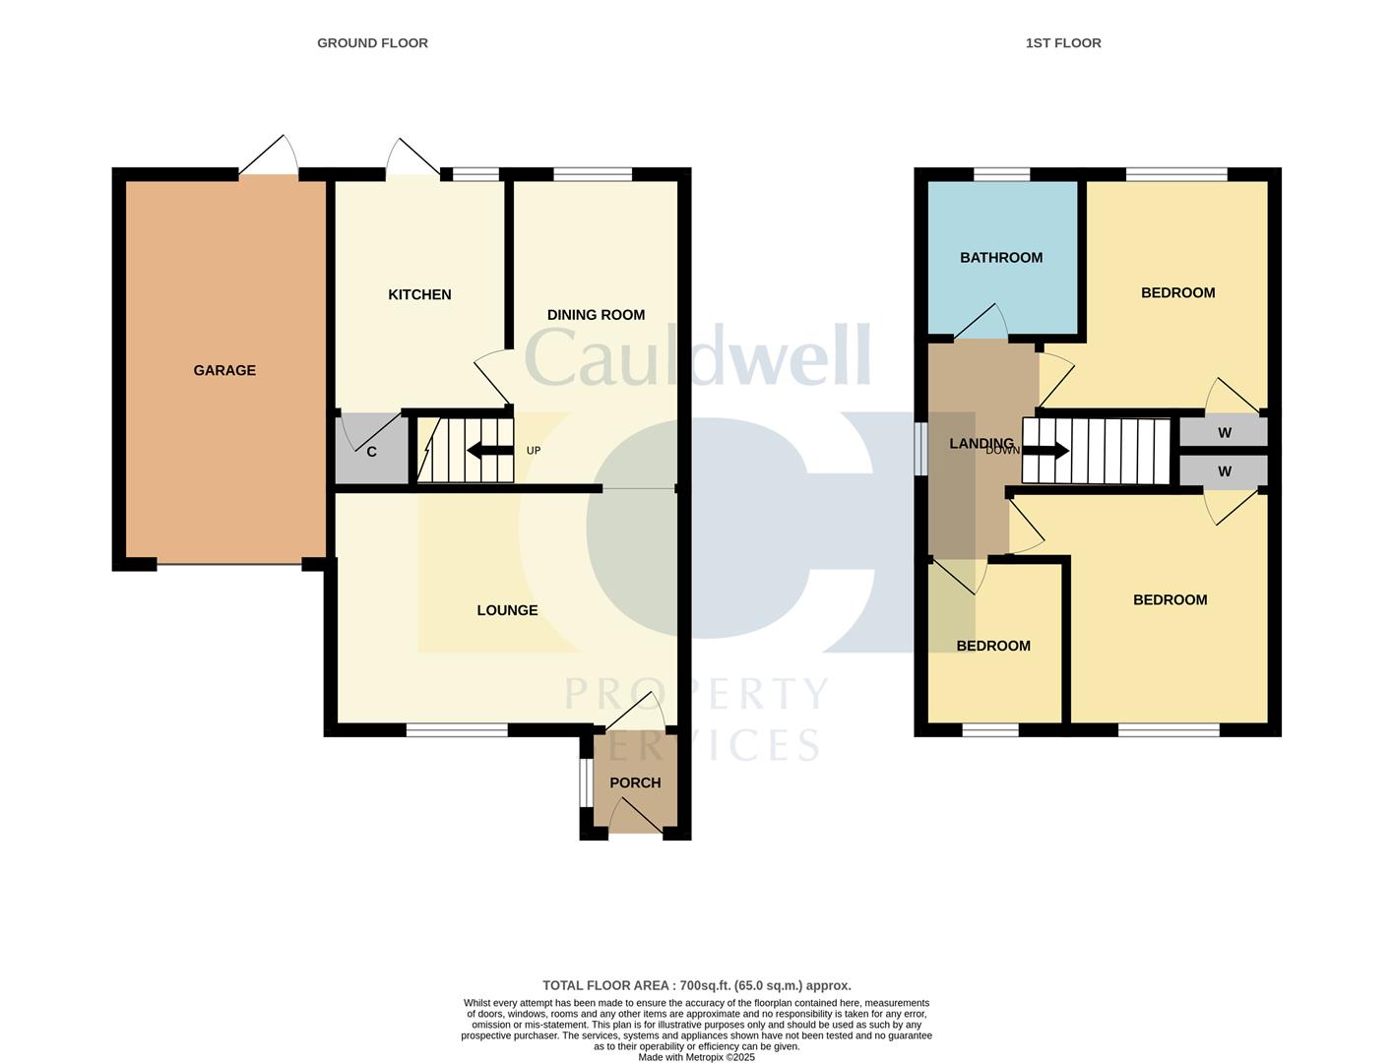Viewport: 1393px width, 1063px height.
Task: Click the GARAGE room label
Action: (x=224, y=371)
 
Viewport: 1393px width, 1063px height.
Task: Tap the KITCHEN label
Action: (x=419, y=295)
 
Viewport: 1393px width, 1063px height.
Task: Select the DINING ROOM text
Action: (x=596, y=315)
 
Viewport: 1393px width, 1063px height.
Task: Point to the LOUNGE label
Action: (x=507, y=610)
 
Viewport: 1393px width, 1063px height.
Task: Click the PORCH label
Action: (x=635, y=783)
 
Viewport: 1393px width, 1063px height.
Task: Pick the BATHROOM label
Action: (x=1001, y=258)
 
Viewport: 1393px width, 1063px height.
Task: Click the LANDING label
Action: (x=981, y=444)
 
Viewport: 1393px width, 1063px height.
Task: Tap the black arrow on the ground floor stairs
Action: (x=489, y=451)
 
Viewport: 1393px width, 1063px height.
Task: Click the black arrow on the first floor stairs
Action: (x=1045, y=451)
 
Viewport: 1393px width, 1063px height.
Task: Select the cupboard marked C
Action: (x=371, y=453)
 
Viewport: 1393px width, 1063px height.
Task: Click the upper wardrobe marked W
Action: (x=1224, y=433)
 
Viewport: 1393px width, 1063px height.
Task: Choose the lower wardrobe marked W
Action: (x=1224, y=471)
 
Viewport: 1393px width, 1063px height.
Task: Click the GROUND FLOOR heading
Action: (x=372, y=43)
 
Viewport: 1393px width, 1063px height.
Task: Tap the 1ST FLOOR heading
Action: (x=1063, y=43)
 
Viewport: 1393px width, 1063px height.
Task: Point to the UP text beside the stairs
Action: (x=534, y=451)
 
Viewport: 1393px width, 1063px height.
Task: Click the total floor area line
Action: (x=696, y=985)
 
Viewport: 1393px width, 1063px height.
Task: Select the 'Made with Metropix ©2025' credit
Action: (x=696, y=1057)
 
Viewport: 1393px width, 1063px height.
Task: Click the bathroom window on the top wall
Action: (x=1001, y=175)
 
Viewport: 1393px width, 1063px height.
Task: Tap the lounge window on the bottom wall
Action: (x=457, y=730)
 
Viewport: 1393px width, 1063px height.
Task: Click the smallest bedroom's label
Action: (x=993, y=647)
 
